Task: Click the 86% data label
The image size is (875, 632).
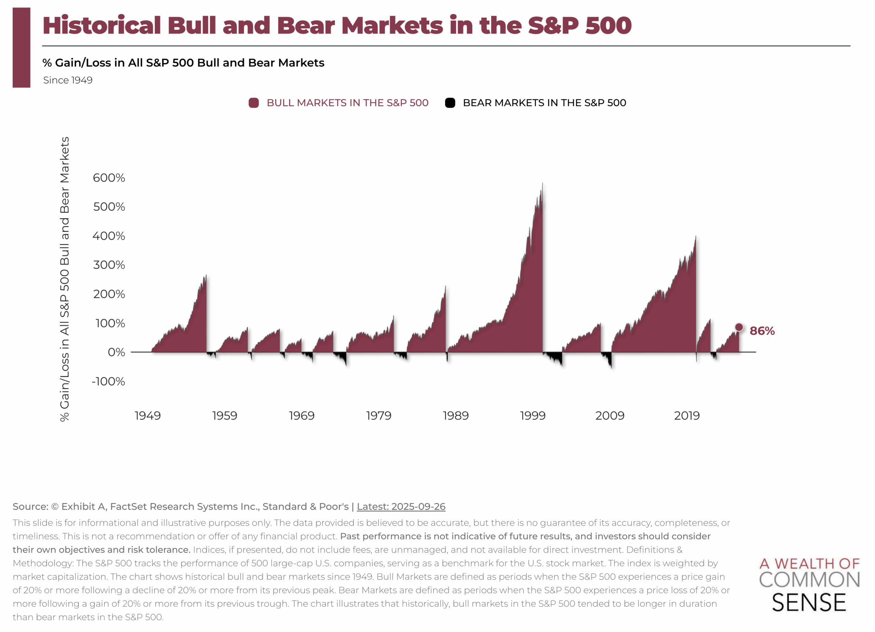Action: pyautogui.click(x=762, y=331)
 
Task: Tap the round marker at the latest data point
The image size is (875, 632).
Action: pyautogui.click(x=739, y=327)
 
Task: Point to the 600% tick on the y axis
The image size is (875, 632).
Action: pyautogui.click(x=109, y=178)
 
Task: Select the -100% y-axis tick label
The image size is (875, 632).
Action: pyautogui.click(x=108, y=381)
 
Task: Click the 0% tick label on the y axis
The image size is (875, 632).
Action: pyautogui.click(x=116, y=352)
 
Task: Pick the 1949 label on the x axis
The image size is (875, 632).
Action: pyautogui.click(x=147, y=416)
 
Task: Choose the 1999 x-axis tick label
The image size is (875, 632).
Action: pyautogui.click(x=533, y=416)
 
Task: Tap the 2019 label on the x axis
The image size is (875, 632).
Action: pyautogui.click(x=687, y=416)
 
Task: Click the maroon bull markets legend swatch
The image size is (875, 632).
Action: pyautogui.click(x=254, y=103)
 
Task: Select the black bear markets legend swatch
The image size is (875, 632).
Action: pyautogui.click(x=450, y=103)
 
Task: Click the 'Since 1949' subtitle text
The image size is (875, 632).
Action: pyautogui.click(x=68, y=80)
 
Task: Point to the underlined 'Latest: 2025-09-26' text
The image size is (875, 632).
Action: pyautogui.click(x=401, y=506)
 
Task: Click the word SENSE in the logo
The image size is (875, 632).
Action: pyautogui.click(x=809, y=603)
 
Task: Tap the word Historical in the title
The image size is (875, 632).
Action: pyautogui.click(x=102, y=25)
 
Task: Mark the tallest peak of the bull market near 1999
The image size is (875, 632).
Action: pyautogui.click(x=542, y=184)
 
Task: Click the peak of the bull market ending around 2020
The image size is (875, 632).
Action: pyautogui.click(x=696, y=236)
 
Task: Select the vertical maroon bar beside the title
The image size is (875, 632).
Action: pyautogui.click(x=22, y=47)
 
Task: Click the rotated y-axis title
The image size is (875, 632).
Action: pyautogui.click(x=65, y=279)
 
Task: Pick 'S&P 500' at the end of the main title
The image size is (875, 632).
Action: pyautogui.click(x=579, y=25)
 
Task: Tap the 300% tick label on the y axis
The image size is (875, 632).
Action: pyautogui.click(x=109, y=265)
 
